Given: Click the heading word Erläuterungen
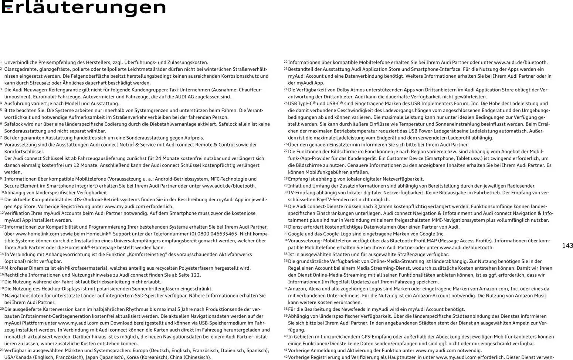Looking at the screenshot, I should click(84, 7).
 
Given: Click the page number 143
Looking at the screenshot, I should click(567, 246).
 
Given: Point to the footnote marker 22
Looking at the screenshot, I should click(285, 62).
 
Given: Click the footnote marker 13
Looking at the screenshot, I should click(2, 227).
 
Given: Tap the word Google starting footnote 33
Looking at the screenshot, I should click(296, 234).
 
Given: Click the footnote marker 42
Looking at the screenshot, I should click(285, 357).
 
